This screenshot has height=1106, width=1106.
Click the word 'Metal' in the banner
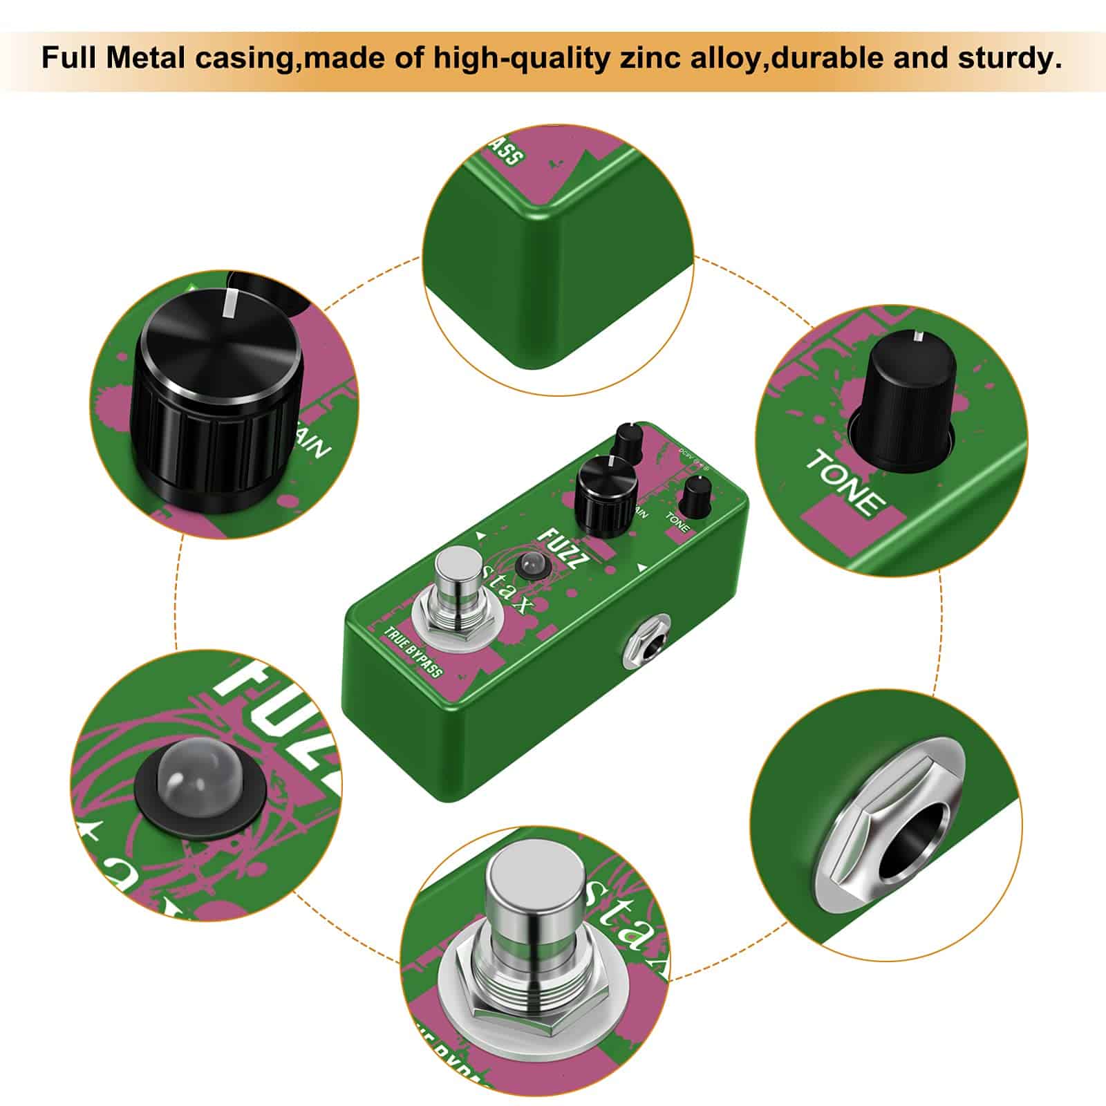[147, 59]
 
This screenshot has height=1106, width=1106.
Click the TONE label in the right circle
[846, 481]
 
